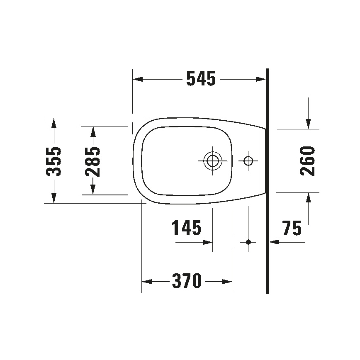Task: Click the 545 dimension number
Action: coord(201,78)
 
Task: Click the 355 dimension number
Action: coord(54,161)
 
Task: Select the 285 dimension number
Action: coord(93,161)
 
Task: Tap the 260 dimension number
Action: coord(308,161)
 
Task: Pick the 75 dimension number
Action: coord(292,228)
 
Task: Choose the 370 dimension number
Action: coord(187,282)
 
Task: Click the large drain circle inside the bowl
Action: coord(213,160)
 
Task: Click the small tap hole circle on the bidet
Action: coord(248,161)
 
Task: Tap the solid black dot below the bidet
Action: coord(248,241)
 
